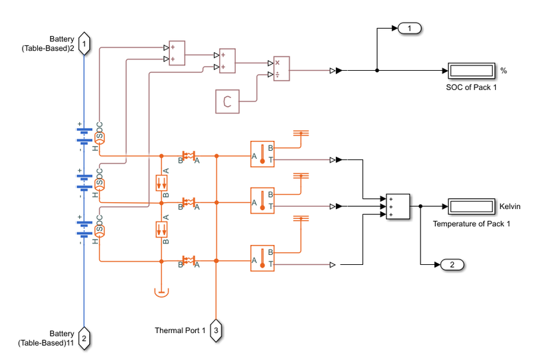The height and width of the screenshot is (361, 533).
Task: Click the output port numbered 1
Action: pos(410,28)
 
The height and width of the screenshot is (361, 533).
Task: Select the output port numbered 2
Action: pos(452,265)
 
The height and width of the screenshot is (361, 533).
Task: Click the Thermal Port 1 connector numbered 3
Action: pos(216,330)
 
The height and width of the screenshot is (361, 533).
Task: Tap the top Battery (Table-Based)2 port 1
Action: pos(84,43)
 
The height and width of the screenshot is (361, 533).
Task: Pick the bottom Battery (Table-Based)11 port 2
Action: pos(84,338)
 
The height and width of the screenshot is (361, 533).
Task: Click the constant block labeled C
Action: pos(227,101)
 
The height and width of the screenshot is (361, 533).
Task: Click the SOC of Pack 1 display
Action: pos(471,71)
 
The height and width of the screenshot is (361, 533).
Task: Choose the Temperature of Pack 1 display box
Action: pos(471,207)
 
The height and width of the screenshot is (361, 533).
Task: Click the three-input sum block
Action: pos(398,206)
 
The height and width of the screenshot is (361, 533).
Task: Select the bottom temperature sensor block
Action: pos(262,258)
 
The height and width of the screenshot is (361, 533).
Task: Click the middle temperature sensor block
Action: pos(262,200)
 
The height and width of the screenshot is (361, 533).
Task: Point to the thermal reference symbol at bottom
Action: pos(161,291)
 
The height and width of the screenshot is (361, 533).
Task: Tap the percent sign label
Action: pos(504,71)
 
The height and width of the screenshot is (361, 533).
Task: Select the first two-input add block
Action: pos(177,53)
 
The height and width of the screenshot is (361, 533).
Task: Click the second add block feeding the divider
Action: pos(228,61)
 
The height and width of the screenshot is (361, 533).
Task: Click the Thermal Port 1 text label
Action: pos(180,330)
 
